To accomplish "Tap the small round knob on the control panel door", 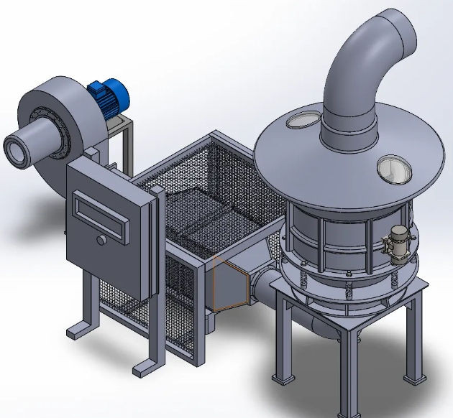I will pos(102,239).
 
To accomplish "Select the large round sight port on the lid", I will pos(392,168).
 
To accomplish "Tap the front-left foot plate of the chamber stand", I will pos(281,381).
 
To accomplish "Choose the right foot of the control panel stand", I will pos(144,369).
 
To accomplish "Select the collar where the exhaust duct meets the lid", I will pos(348,133).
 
